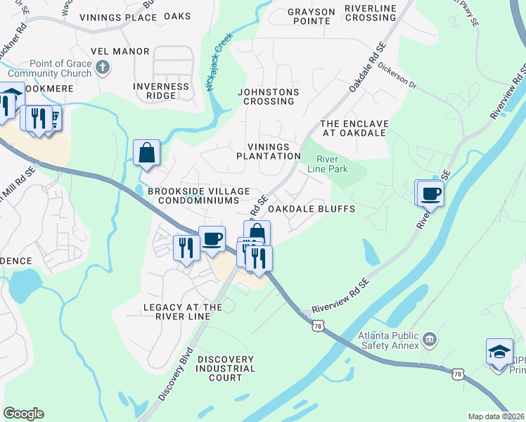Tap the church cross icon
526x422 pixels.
click(103, 68)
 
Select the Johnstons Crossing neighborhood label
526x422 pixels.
click(268, 96)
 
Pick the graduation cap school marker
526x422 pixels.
click(499, 351)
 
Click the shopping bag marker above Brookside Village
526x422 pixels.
click(146, 153)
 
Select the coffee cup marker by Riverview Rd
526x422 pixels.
click(430, 193)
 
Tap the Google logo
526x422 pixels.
click(23, 414)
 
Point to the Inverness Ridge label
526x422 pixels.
click(161, 91)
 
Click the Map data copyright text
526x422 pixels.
click(495, 416)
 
